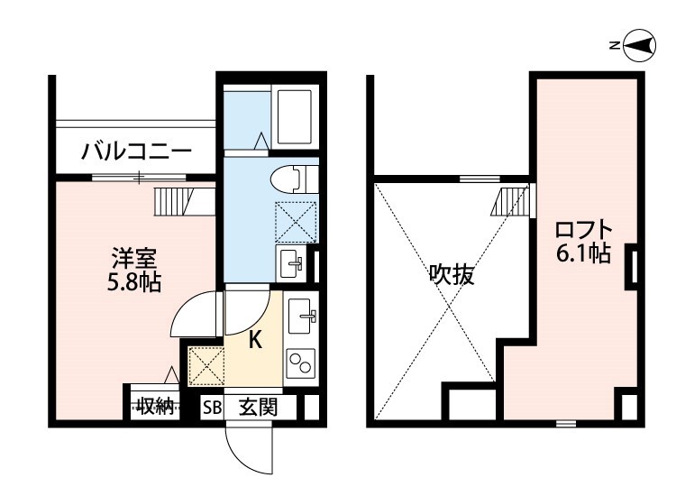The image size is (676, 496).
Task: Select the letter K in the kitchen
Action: click(x=255, y=340)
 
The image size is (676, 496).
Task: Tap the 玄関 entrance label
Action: click(x=257, y=407)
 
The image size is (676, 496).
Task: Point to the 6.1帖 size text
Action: click(x=583, y=254)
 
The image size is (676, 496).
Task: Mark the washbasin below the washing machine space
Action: click(x=292, y=262)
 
